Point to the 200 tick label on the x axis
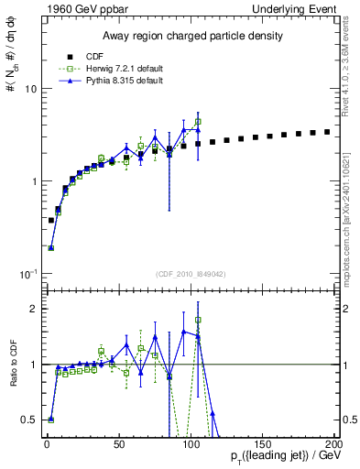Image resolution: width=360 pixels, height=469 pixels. [x=333, y=442]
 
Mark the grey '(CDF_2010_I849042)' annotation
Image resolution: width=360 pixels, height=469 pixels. [x=190, y=273]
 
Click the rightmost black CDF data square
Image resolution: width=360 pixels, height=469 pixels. [x=327, y=131]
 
